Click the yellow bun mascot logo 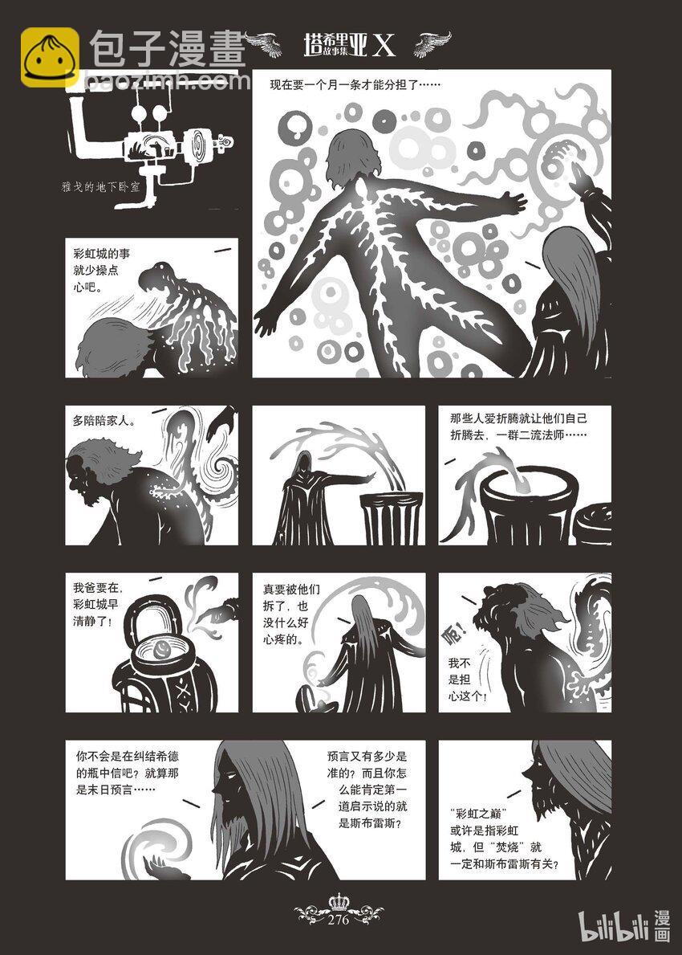pos(50,57)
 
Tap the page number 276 pos(339,920)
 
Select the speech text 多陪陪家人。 pos(104,420)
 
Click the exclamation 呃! pos(457,635)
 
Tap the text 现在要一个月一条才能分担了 pos(355,84)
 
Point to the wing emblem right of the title pos(432,44)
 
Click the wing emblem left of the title pos(263,44)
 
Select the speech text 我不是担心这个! pos(467,679)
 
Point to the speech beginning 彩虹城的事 pos(101,270)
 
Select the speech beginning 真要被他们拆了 pos(290,615)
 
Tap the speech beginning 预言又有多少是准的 pos(367,790)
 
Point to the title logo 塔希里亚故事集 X pos(349,45)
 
